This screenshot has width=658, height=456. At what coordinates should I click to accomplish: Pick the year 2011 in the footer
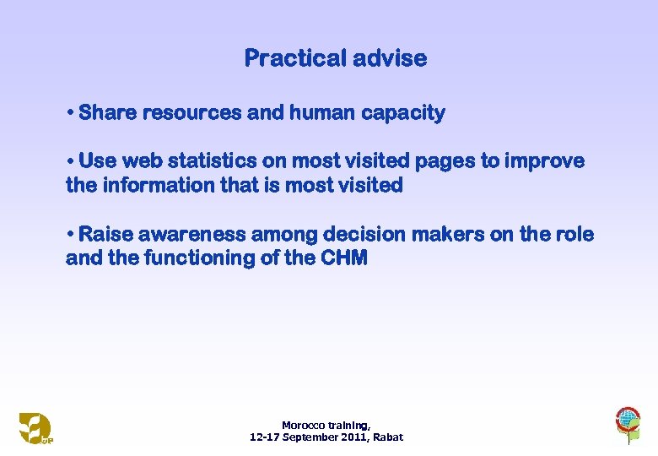(352, 437)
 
